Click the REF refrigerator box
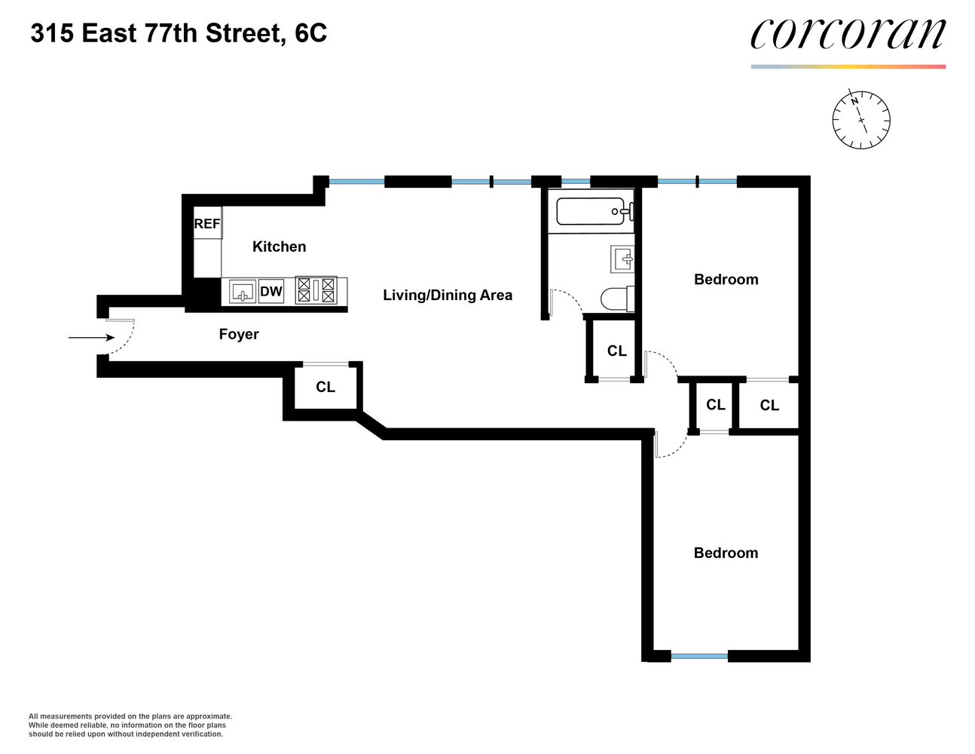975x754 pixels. (x=207, y=224)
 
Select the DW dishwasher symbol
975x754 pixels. (x=271, y=292)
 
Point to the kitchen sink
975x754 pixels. (x=243, y=292)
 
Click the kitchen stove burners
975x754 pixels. (x=316, y=290)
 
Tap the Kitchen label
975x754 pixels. (x=279, y=247)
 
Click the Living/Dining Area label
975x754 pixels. (x=448, y=295)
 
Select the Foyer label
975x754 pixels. (x=239, y=334)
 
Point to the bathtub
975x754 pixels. (x=591, y=211)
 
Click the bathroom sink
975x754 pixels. (x=622, y=259)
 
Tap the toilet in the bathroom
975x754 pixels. (x=618, y=299)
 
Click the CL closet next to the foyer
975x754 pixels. (x=325, y=387)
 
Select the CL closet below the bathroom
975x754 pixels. (x=616, y=351)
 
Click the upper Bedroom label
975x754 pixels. (x=726, y=280)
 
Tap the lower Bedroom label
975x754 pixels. (x=726, y=553)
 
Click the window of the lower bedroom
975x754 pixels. (x=698, y=657)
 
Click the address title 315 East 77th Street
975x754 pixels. (x=179, y=33)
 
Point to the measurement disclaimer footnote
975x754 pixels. (x=130, y=725)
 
